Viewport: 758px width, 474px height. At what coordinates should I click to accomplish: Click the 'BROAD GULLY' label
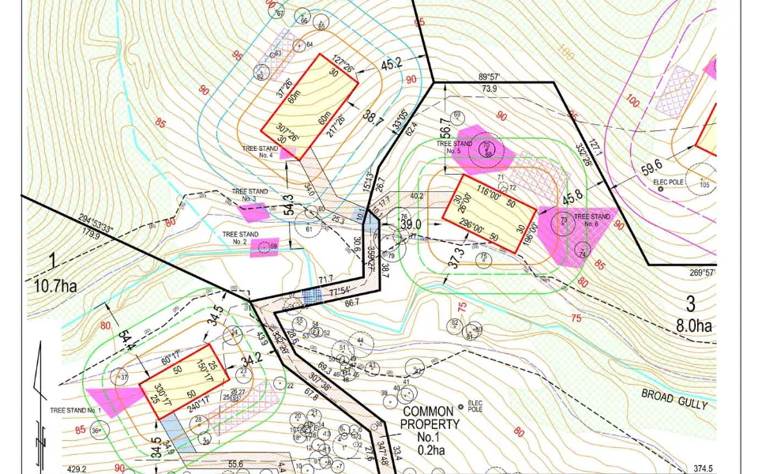pos(674,398)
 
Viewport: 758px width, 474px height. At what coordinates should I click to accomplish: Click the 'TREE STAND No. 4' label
pos(260,150)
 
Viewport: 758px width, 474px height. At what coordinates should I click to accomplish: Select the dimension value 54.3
pos(289,205)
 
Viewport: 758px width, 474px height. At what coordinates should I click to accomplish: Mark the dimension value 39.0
pos(411,225)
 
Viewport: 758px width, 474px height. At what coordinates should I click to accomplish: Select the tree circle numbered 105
pos(704,185)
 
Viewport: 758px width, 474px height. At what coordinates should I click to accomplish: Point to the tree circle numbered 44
pos(360,340)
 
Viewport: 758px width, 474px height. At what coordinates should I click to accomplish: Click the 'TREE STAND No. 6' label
pos(591,219)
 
